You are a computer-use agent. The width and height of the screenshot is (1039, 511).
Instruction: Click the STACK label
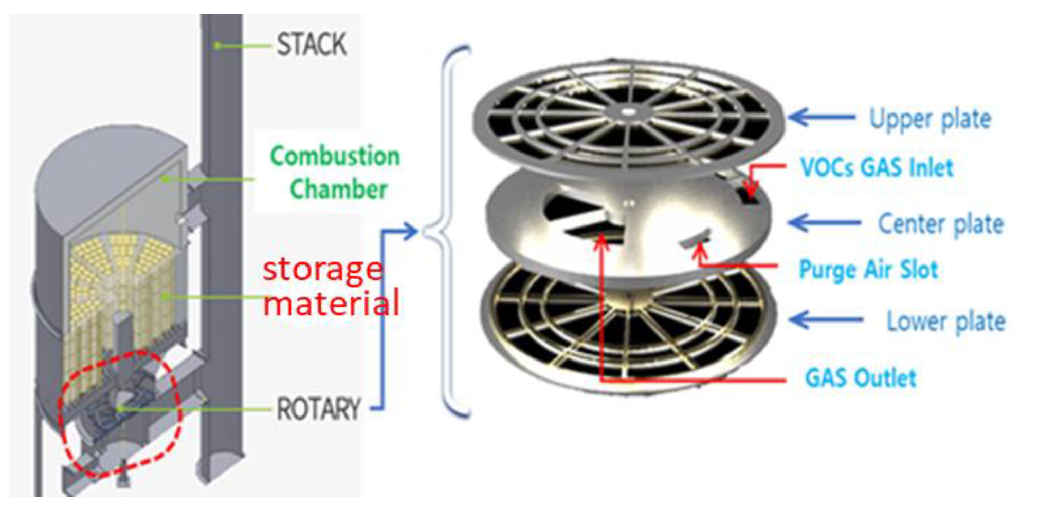[312, 45]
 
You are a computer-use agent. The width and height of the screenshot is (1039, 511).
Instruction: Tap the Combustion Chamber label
[335, 173]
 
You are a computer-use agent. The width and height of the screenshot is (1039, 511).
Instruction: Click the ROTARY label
[319, 409]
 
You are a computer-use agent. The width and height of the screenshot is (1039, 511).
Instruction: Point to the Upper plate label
[930, 119]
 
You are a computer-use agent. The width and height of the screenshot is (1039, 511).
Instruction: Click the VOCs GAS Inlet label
[877, 168]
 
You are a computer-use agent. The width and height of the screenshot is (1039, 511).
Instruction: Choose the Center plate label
[940, 224]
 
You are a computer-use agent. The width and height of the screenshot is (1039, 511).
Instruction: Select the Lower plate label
[946, 321]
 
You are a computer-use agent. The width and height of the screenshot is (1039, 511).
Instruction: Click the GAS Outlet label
[861, 378]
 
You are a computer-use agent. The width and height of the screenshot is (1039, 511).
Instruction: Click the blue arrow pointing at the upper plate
[821, 118]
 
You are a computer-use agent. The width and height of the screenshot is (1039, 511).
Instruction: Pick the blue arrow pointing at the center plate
[824, 223]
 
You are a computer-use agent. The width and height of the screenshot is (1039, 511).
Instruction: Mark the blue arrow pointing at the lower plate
[825, 320]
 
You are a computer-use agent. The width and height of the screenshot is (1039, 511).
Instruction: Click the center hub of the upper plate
[627, 111]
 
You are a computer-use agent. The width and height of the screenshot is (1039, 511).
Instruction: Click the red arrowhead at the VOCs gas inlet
[751, 192]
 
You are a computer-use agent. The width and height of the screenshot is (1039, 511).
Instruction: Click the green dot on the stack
[217, 46]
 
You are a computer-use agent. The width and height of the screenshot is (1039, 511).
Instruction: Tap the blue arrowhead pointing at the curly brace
[410, 231]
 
